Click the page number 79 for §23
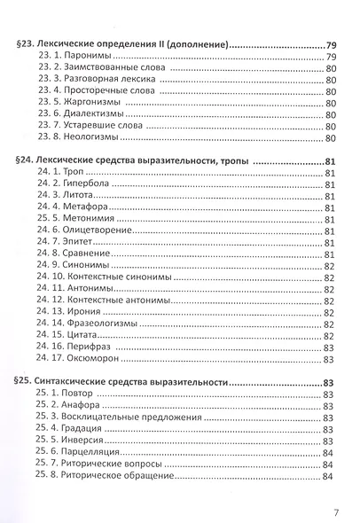332,43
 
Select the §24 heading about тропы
150,160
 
